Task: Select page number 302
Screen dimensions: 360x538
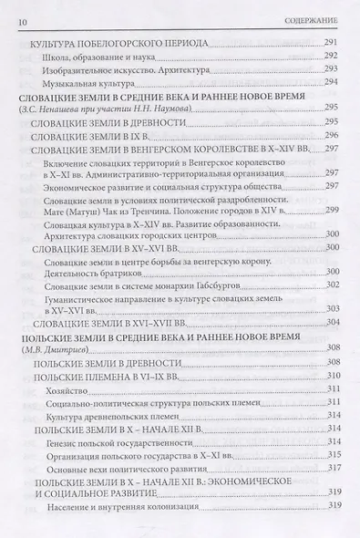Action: [x=331, y=285]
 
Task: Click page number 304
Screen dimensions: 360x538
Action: [x=331, y=322]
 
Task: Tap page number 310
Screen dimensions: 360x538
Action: [x=331, y=374]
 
